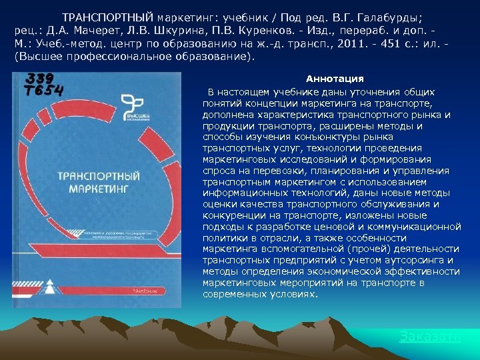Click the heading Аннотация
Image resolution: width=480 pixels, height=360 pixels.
334,79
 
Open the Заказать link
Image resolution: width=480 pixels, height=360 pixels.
430,337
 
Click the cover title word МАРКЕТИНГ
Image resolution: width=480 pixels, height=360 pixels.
99,189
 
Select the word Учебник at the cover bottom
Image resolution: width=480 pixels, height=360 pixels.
145,291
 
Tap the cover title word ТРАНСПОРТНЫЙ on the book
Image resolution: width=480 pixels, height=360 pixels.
100,177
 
